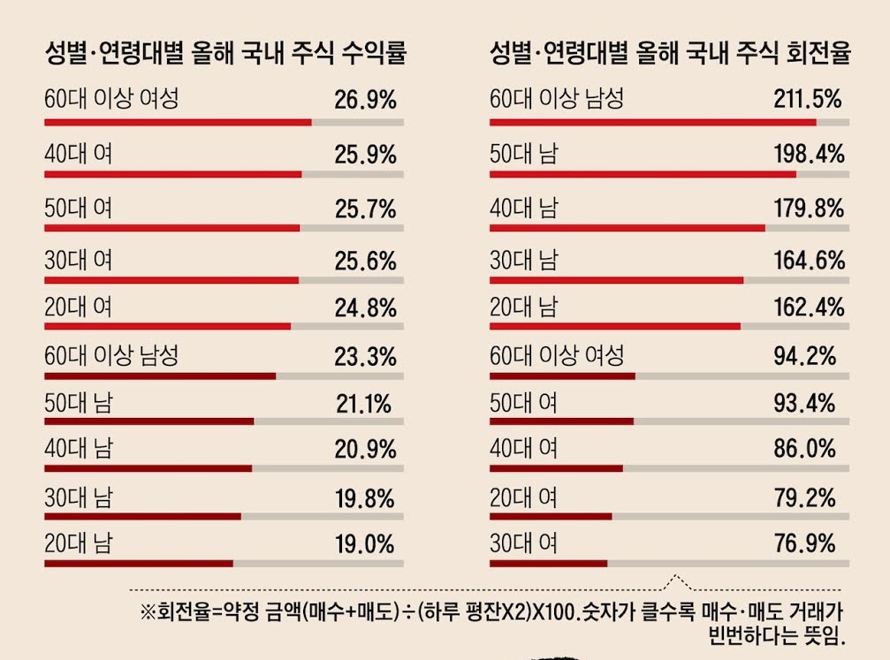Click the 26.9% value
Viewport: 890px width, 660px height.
(x=365, y=100)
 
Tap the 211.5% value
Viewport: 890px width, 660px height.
(x=807, y=100)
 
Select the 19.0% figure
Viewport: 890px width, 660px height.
(x=365, y=544)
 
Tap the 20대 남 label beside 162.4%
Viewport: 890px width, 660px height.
(x=524, y=307)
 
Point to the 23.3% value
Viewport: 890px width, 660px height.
(x=365, y=357)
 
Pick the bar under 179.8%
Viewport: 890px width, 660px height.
(x=627, y=228)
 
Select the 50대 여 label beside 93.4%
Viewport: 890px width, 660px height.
(x=524, y=403)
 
